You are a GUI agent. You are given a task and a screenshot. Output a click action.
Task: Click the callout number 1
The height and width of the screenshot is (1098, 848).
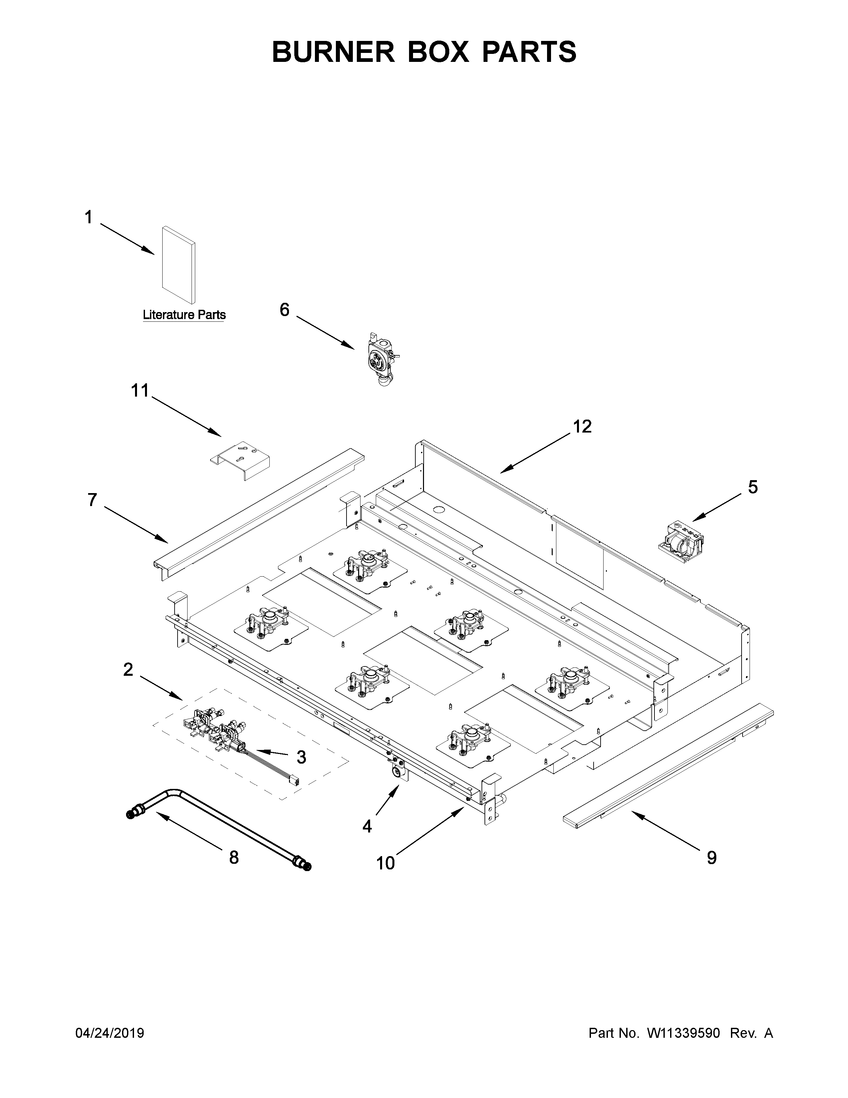(x=88, y=218)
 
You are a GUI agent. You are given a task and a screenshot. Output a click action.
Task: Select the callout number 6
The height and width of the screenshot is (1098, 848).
(x=284, y=310)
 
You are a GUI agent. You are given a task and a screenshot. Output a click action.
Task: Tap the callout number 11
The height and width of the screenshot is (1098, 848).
(x=140, y=391)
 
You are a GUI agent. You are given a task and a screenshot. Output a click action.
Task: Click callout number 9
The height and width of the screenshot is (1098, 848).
(x=711, y=858)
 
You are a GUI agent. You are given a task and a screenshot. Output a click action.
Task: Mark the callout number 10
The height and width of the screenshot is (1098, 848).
(x=385, y=863)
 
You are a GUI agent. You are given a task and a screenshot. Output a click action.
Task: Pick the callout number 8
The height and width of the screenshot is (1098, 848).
(x=233, y=857)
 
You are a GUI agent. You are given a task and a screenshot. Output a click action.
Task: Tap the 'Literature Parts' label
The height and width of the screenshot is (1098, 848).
(x=184, y=315)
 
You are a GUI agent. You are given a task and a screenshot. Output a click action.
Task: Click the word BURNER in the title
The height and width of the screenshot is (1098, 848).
(x=334, y=52)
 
